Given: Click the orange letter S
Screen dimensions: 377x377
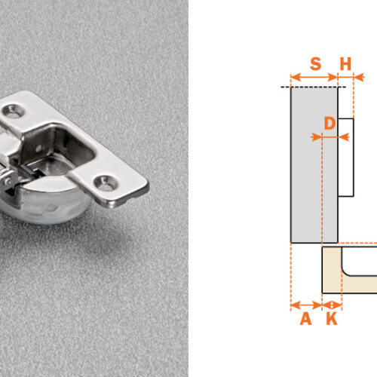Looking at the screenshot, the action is coord(316,64).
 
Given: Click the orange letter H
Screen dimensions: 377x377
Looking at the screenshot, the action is coord(345,64).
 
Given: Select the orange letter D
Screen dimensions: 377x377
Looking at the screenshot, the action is coord(329,124).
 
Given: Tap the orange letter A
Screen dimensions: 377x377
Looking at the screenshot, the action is coord(306,319).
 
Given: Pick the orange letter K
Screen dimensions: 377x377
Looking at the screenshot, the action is coord(332,319).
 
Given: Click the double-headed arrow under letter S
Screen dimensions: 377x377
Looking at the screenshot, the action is coord(314,77).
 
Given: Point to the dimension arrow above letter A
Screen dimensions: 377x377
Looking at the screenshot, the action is coord(306,305).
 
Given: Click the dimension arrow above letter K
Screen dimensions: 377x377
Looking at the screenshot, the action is coord(332,305).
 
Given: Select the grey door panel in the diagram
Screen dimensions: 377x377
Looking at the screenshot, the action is coord(314,165).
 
